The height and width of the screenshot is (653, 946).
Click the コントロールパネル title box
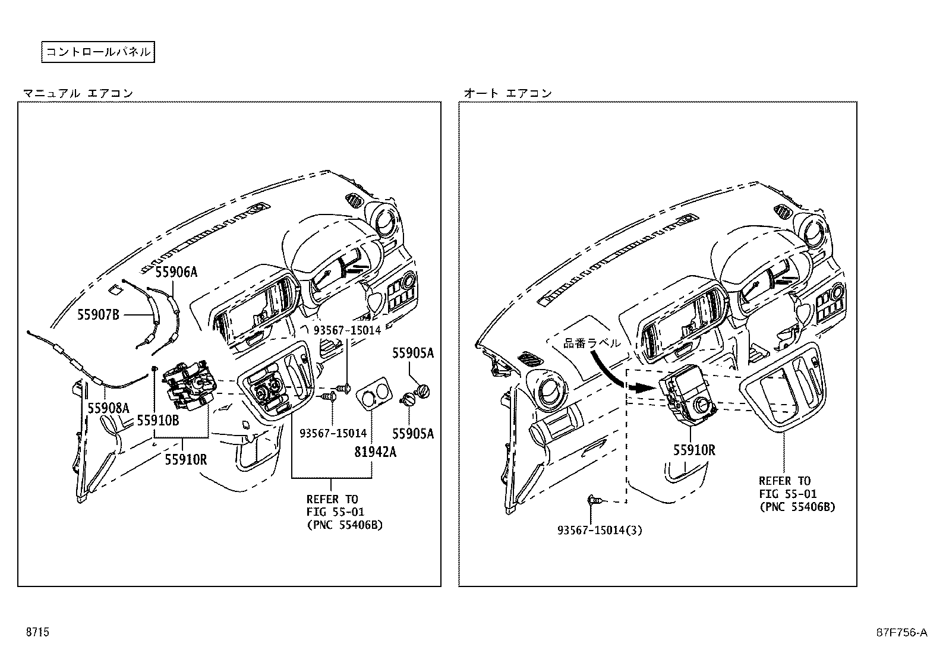pos(98,52)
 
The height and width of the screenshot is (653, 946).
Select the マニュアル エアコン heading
pos(78,93)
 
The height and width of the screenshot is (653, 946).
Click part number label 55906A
pos(176,272)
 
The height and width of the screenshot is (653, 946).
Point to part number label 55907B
pos(98,314)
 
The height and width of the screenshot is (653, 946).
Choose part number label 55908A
pos(108,408)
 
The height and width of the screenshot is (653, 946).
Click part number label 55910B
pos(157,419)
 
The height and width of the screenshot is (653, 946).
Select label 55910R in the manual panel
pos(186,459)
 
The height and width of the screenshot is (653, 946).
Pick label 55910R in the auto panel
pos(694,450)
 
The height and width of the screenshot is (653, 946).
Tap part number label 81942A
pos(376,452)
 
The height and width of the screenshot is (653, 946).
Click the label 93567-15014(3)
pos(600,530)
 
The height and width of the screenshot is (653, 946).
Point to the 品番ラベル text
pos(591,343)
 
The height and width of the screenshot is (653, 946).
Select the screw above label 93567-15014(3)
pos(594,500)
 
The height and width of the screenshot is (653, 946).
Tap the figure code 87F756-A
pos(901,632)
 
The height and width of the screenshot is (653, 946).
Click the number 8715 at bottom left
pos(37,632)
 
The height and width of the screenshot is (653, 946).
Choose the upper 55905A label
pos(412,353)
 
